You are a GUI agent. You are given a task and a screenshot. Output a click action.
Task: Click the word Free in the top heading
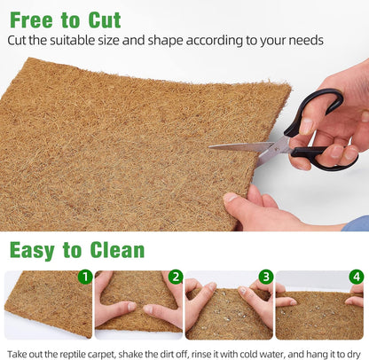33,19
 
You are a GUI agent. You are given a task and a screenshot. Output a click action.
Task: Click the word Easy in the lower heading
35,249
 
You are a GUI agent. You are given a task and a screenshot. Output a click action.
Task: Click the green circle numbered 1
85,277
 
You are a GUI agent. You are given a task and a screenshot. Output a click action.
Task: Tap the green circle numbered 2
176,277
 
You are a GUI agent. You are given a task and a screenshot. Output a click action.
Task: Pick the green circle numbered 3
266,277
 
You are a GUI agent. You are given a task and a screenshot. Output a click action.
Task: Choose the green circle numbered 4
357,277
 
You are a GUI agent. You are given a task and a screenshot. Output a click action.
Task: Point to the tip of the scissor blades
210,147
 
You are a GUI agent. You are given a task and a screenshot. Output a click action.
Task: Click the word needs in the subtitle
304,40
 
